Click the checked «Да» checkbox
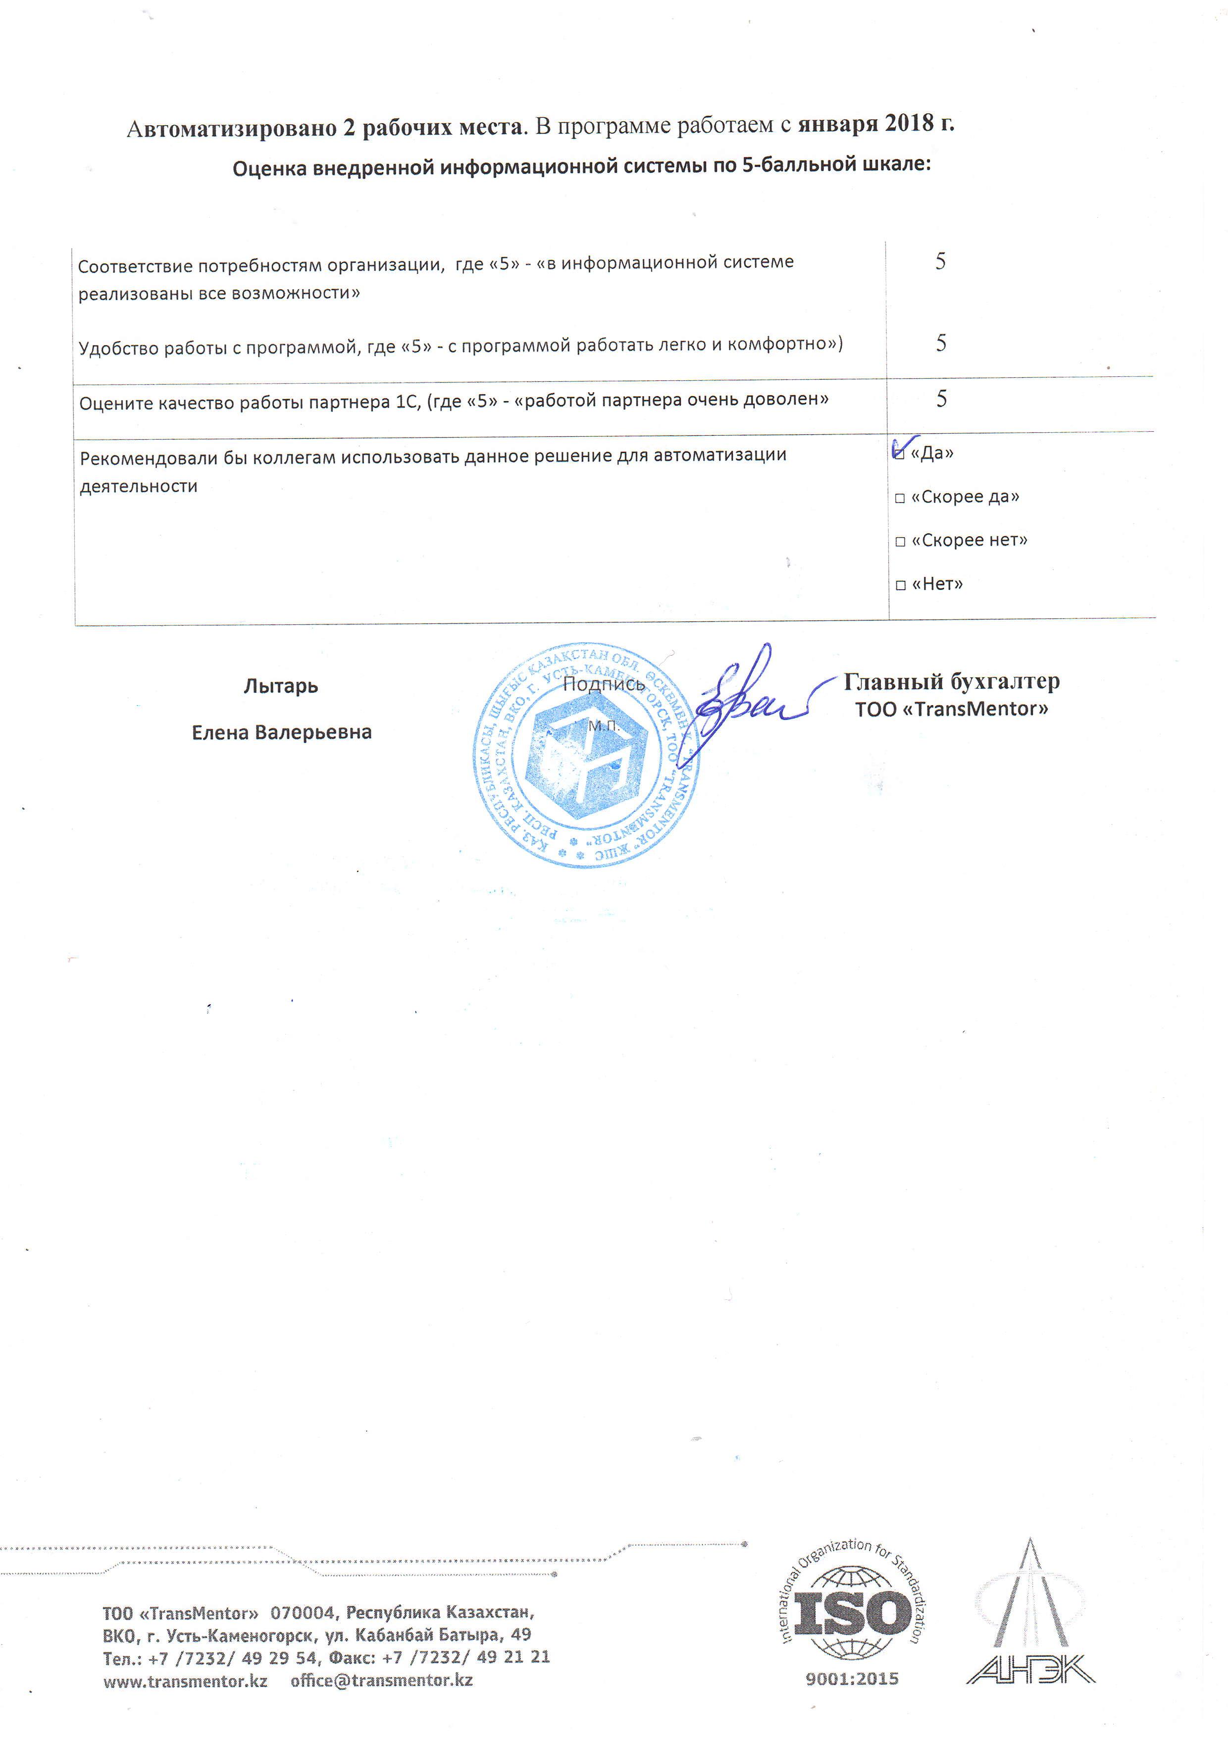(899, 453)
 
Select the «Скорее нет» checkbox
(900, 542)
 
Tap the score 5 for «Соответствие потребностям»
(940, 262)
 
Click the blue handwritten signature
(745, 700)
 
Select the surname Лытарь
(281, 686)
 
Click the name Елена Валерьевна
(281, 732)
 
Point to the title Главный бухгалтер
(951, 682)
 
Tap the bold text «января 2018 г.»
(875, 123)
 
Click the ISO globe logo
(852, 1612)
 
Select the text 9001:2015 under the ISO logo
(852, 1679)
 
